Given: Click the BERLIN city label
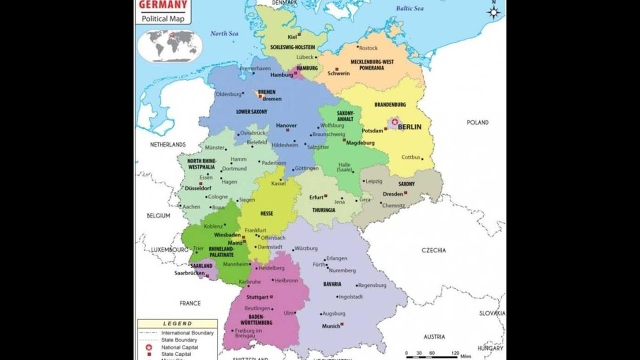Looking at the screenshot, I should pyautogui.click(x=409, y=127).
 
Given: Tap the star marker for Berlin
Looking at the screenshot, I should pyautogui.click(x=395, y=121).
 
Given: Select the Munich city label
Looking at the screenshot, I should pyautogui.click(x=330, y=326).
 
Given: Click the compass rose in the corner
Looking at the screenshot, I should pyautogui.click(x=494, y=11).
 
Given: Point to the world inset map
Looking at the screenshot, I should pyautogui.click(x=170, y=45).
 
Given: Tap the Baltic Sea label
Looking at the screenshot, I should pyautogui.click(x=409, y=8).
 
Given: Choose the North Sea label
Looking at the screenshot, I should pyautogui.click(x=224, y=33).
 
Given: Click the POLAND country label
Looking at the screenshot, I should pyautogui.click(x=477, y=122).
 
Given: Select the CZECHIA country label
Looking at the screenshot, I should pyautogui.click(x=433, y=250).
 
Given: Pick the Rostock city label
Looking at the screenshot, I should pyautogui.click(x=368, y=48).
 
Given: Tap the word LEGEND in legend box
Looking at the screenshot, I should pyautogui.click(x=177, y=323).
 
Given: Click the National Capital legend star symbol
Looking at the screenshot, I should pyautogui.click(x=148, y=347).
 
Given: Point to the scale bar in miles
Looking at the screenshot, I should pyautogui.click(x=432, y=355).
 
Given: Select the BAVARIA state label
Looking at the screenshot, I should pyautogui.click(x=332, y=284).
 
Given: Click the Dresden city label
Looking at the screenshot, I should pyautogui.click(x=392, y=194).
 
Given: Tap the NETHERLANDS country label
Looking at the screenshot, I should pyautogui.click(x=167, y=144).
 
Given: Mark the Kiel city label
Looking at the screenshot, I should pyautogui.click(x=292, y=37).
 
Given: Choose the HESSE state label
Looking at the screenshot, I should pyautogui.click(x=266, y=213).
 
